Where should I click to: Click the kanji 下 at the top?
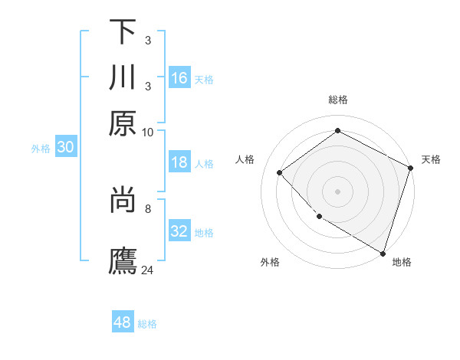(x=123, y=33)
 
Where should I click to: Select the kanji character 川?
(x=123, y=78)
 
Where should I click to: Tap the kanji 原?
(x=123, y=123)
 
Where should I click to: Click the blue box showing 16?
(x=179, y=77)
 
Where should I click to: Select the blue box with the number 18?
(x=179, y=162)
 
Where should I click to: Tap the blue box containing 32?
(x=179, y=231)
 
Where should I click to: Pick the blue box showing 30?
(x=65, y=148)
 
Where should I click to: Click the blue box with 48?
(x=123, y=322)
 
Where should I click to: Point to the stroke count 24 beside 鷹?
(x=148, y=270)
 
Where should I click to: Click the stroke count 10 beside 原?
(x=148, y=132)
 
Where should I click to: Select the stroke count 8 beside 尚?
(x=148, y=207)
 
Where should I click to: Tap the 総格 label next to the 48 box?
(x=147, y=324)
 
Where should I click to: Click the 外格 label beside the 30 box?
(x=40, y=149)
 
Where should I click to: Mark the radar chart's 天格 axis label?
(x=431, y=159)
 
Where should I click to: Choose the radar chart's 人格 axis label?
(x=245, y=159)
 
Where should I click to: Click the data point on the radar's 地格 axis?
(x=383, y=252)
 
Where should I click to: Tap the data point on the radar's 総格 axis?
(x=337, y=131)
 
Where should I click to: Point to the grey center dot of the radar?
(x=337, y=191)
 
